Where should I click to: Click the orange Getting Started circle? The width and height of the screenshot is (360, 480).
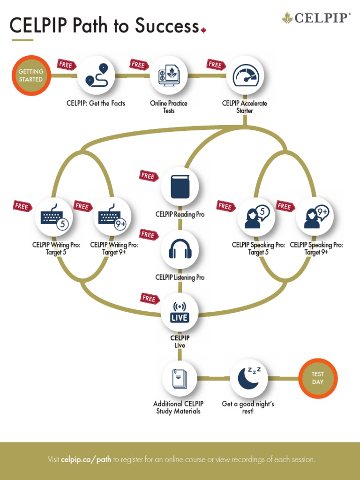(31, 75)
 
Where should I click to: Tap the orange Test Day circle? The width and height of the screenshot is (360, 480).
(318, 378)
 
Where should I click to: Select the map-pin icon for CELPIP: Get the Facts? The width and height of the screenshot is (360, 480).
(97, 75)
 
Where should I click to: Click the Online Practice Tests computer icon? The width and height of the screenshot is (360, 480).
(169, 75)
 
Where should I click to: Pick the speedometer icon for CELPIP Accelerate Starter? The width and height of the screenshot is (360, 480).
(245, 75)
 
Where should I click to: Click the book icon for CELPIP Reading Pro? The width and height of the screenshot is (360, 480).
(180, 186)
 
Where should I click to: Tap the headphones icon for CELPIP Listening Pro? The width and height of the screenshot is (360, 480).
(180, 249)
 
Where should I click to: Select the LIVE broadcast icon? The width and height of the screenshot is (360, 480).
(180, 313)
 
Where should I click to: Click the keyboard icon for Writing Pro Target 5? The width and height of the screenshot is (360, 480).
(54, 216)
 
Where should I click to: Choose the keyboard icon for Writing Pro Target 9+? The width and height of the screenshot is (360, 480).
(112, 216)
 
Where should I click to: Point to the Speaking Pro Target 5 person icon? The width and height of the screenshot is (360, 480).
(256, 216)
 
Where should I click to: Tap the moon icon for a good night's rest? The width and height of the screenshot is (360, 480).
(249, 378)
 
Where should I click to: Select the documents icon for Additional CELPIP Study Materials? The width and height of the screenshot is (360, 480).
(180, 378)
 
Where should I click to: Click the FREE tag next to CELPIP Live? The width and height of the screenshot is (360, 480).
(149, 298)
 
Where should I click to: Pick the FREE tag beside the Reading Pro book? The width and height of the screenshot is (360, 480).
(148, 176)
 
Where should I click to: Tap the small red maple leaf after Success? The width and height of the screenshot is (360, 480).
(203, 31)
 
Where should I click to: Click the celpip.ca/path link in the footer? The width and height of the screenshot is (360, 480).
(86, 459)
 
